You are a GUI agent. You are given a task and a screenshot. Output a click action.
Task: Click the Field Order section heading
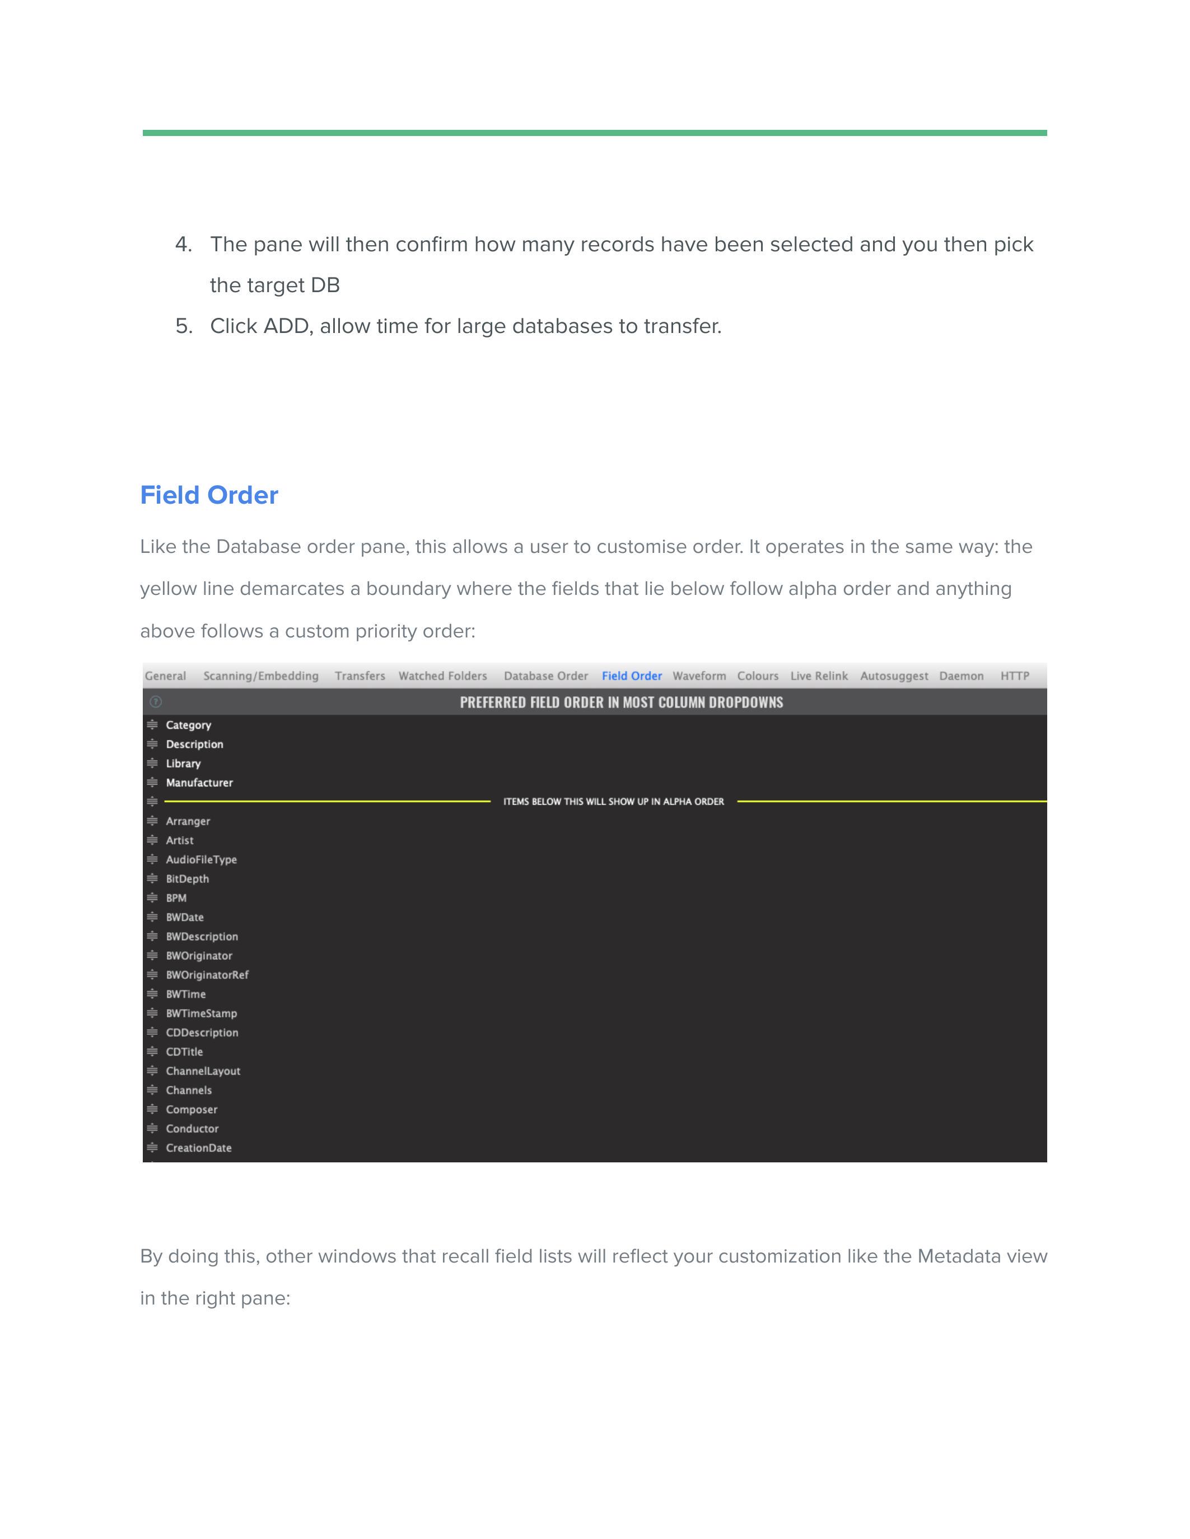(209, 495)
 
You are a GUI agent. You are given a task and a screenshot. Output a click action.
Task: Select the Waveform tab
(699, 676)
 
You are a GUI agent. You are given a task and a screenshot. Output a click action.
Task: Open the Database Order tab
(545, 676)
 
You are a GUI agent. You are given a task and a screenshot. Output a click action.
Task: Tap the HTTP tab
(1015, 676)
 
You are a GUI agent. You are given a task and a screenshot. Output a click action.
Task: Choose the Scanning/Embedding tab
(261, 676)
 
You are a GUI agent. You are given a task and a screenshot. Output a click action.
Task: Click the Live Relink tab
(819, 676)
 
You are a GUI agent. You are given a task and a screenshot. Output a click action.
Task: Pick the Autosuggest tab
(894, 676)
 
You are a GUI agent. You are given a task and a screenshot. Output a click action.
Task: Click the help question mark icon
(156, 702)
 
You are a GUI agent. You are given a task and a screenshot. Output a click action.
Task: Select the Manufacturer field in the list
(199, 783)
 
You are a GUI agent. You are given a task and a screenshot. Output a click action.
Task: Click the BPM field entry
(176, 898)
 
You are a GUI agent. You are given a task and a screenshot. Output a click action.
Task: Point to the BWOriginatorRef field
(207, 974)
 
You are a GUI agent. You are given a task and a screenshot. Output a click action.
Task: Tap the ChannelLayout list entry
(203, 1071)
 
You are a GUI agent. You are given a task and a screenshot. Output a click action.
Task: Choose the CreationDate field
(199, 1147)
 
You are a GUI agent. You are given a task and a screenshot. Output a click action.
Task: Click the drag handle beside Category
(152, 725)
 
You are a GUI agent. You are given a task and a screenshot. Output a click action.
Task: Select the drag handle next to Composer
(152, 1109)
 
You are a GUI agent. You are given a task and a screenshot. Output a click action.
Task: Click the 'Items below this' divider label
(613, 802)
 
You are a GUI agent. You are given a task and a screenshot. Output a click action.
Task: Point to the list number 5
(183, 326)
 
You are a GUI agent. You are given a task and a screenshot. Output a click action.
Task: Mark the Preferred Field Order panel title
(621, 702)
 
